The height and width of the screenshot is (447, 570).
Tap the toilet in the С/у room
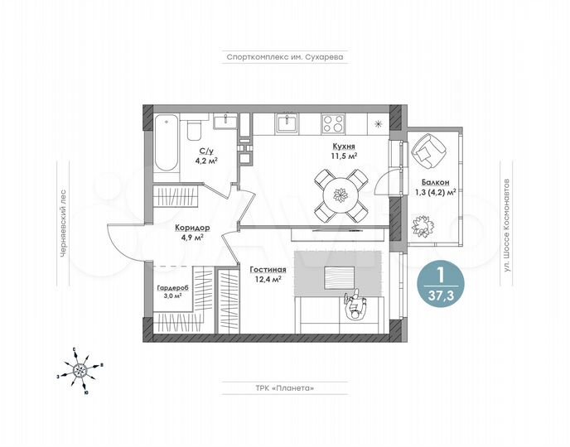(192, 132)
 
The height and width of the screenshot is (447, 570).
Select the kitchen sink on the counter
(287, 123)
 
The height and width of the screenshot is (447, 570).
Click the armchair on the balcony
(429, 151)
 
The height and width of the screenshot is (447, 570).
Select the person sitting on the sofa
(359, 307)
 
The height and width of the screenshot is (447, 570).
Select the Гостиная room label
(267, 269)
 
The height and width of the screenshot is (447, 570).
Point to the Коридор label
(191, 227)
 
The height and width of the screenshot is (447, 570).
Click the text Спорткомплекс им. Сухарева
(284, 57)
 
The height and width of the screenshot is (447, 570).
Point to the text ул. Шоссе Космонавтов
(506, 223)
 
